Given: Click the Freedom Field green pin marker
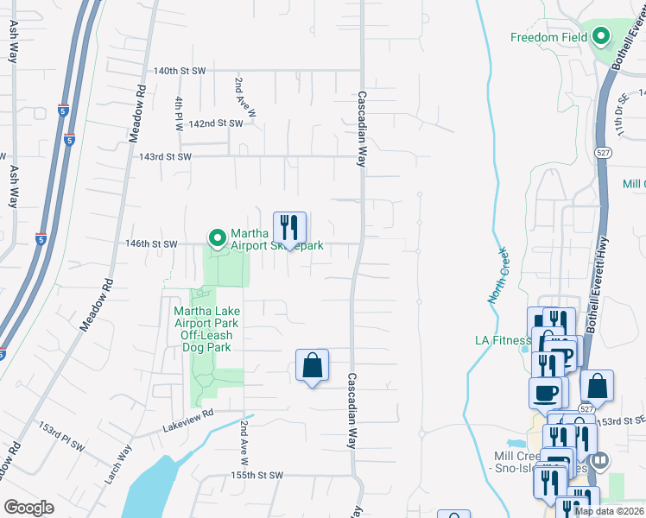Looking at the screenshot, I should pos(601,37).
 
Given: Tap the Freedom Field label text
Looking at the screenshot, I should pos(548,37).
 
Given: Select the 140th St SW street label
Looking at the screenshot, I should pos(180,70).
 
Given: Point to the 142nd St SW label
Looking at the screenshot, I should pos(216,123).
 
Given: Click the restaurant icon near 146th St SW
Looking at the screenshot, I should pos(289,229).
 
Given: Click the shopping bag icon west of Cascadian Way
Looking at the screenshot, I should pos(312,366).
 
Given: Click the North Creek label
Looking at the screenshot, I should pos(497,275).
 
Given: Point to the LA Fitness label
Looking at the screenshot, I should pos(503,340).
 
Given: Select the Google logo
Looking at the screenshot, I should pos(29,508).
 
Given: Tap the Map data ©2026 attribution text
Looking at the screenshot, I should pos(609,511).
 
